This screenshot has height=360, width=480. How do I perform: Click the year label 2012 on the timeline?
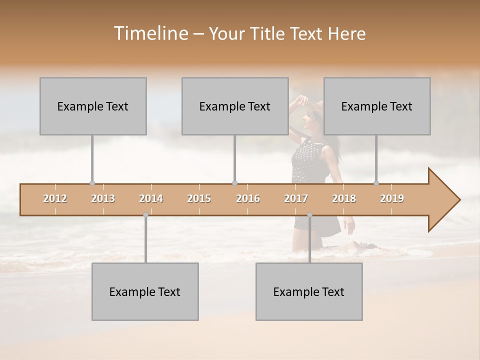pyautogui.click(x=55, y=198)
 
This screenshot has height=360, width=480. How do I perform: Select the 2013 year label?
pyautogui.click(x=103, y=198)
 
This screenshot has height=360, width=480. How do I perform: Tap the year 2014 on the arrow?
pyautogui.click(x=151, y=198)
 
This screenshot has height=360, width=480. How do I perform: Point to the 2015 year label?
pyautogui.click(x=199, y=198)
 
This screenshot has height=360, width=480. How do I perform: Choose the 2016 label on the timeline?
pyautogui.click(x=248, y=198)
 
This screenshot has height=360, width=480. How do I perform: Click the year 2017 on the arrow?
pyautogui.click(x=296, y=198)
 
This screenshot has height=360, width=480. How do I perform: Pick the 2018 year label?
pyautogui.click(x=344, y=198)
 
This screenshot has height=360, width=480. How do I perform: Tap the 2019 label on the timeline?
pyautogui.click(x=392, y=198)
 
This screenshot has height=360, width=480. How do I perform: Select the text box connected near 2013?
pyautogui.click(x=93, y=106)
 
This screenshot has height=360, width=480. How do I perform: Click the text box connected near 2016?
pyautogui.click(x=235, y=106)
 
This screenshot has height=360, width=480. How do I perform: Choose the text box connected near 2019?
pyautogui.click(x=377, y=106)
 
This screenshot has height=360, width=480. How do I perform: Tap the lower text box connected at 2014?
pyautogui.click(x=145, y=291)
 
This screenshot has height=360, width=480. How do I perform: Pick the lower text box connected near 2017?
pyautogui.click(x=309, y=291)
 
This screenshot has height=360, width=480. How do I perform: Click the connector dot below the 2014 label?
pyautogui.click(x=145, y=215)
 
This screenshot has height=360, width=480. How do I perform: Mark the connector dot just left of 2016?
pyautogui.click(x=234, y=183)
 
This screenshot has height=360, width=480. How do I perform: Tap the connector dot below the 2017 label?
pyautogui.click(x=309, y=215)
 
